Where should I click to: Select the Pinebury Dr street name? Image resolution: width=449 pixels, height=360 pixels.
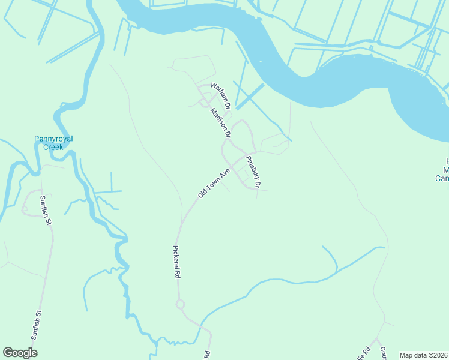point(253,173)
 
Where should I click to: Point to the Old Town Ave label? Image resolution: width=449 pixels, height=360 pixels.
point(214,184)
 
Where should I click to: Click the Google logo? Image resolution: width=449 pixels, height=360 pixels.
point(20,353)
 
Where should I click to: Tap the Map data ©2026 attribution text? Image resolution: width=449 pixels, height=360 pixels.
point(423,355)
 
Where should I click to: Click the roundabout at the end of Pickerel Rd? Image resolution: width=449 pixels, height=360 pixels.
point(180,304)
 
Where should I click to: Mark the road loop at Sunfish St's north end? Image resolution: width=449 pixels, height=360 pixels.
point(27,209)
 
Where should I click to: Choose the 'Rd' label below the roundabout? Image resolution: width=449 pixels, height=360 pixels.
point(207,354)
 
